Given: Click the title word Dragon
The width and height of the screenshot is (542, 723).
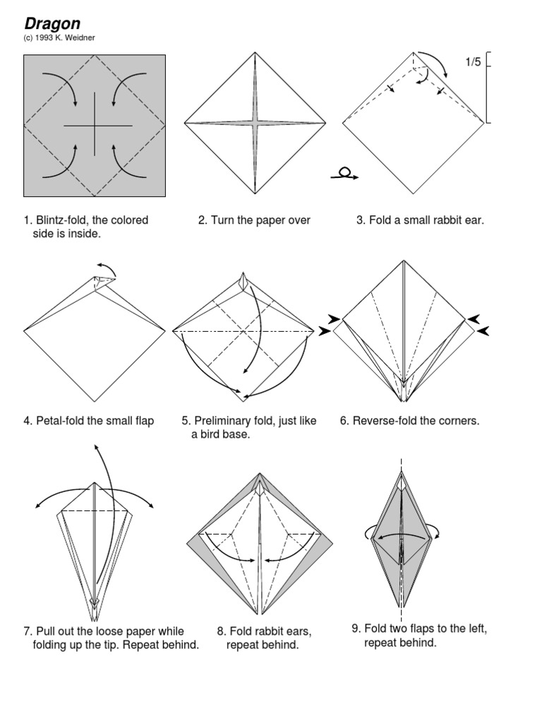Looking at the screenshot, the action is click(x=52, y=23).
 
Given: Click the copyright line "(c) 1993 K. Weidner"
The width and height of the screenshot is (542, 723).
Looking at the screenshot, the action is click(x=59, y=38).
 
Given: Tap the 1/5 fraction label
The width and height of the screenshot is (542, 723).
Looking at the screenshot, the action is click(x=473, y=62).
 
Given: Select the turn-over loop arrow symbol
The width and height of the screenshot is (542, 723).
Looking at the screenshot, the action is click(x=344, y=174).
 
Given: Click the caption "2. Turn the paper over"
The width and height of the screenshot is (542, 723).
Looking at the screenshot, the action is click(x=254, y=220).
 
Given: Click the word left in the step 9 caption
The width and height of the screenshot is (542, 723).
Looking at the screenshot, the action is click(x=476, y=628).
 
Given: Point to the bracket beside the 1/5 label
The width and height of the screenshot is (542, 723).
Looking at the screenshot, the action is click(x=488, y=88).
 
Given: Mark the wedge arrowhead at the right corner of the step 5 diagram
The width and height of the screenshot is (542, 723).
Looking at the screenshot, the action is click(x=325, y=330).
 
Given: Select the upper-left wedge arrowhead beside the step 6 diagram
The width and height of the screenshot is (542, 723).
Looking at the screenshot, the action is click(x=334, y=318).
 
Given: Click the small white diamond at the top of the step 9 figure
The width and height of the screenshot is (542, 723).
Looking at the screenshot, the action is click(x=402, y=483).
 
